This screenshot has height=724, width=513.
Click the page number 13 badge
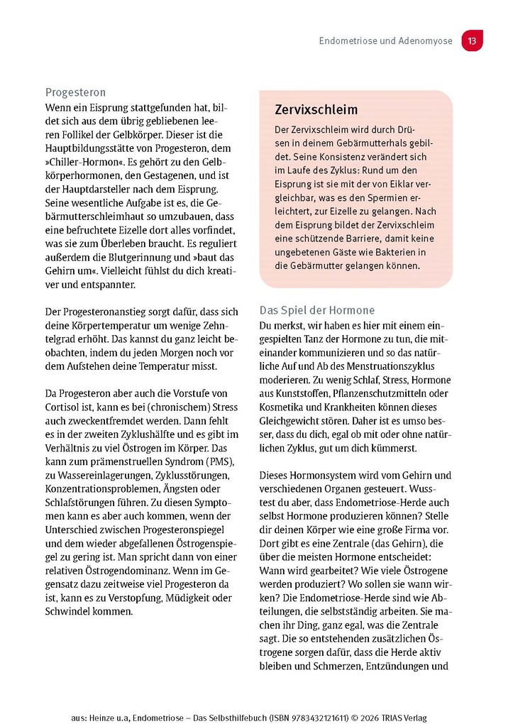[472, 41]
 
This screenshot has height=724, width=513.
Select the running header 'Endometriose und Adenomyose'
[385, 41]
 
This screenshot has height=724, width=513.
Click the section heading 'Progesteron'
[76, 92]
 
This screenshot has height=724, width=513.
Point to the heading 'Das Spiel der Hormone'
[316, 310]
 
